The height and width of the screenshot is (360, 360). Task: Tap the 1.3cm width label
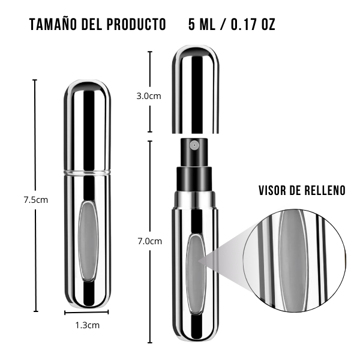(87, 325)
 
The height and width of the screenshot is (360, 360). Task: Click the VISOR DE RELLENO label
(302, 191)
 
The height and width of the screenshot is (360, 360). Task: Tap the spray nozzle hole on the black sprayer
(194, 145)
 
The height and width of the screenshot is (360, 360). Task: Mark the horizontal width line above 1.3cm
(87, 312)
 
